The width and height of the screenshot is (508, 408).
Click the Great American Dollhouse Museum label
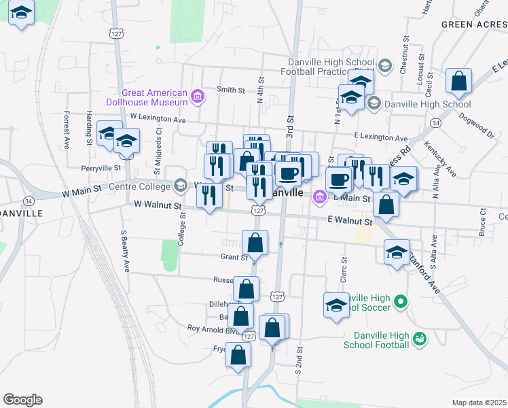click(x=154, y=97)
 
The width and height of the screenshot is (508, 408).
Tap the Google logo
click(x=22, y=400)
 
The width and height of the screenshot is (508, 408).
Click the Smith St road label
click(x=230, y=90)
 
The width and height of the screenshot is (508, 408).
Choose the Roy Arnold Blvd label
click(x=213, y=328)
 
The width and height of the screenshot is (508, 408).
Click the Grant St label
click(x=234, y=258)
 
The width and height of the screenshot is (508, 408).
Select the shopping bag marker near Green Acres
click(x=459, y=82)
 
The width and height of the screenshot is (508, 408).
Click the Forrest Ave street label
click(x=67, y=131)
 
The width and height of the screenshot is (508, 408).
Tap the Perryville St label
click(x=100, y=167)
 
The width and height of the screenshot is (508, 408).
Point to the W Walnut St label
click(x=158, y=205)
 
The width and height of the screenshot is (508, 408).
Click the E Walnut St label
click(x=350, y=221)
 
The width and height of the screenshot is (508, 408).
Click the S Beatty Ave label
click(x=125, y=251)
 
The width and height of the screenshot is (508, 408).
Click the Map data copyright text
click(x=479, y=403)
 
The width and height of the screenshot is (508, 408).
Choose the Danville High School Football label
click(x=382, y=340)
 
